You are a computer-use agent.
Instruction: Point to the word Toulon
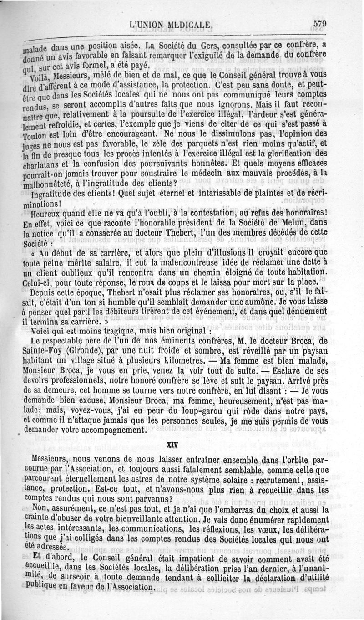(x=35, y=135)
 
